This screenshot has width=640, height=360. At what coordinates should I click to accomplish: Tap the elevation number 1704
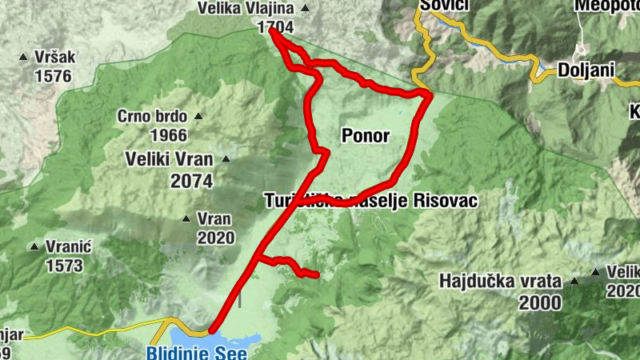click(x=274, y=27)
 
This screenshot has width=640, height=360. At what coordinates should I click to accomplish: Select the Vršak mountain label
click(x=54, y=58)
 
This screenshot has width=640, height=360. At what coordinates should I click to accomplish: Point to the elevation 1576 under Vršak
click(x=54, y=77)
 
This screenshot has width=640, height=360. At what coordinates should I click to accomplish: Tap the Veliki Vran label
click(x=170, y=159)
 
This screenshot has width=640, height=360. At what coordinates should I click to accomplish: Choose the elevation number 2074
click(x=192, y=181)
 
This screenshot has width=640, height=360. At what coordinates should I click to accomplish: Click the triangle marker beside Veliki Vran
click(x=226, y=159)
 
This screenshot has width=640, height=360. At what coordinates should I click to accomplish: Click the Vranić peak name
click(x=68, y=246)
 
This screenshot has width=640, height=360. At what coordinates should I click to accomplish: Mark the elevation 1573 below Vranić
click(x=66, y=265)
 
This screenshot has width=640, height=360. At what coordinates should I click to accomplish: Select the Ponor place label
click(x=365, y=136)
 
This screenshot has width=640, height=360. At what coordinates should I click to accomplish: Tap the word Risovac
click(x=446, y=202)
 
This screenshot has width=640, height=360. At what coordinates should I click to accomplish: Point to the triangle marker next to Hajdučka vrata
click(x=574, y=282)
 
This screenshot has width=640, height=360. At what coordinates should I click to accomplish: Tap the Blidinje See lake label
click(x=197, y=352)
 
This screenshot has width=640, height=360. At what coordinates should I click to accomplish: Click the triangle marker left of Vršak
click(x=23, y=58)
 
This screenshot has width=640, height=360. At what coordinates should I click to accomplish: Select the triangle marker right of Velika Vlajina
click(x=304, y=9)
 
